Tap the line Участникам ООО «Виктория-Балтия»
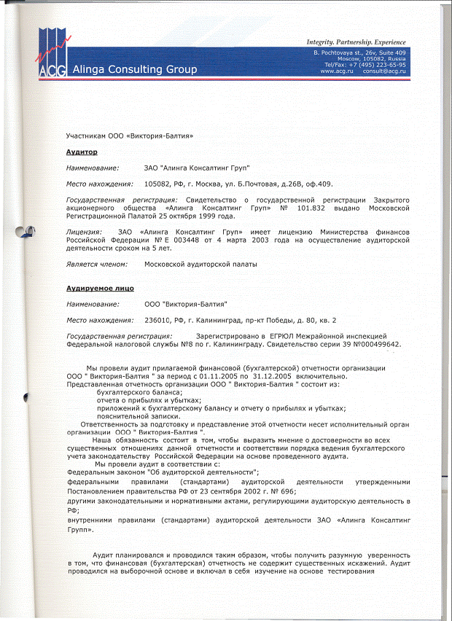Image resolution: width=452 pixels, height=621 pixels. pos(129,136)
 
